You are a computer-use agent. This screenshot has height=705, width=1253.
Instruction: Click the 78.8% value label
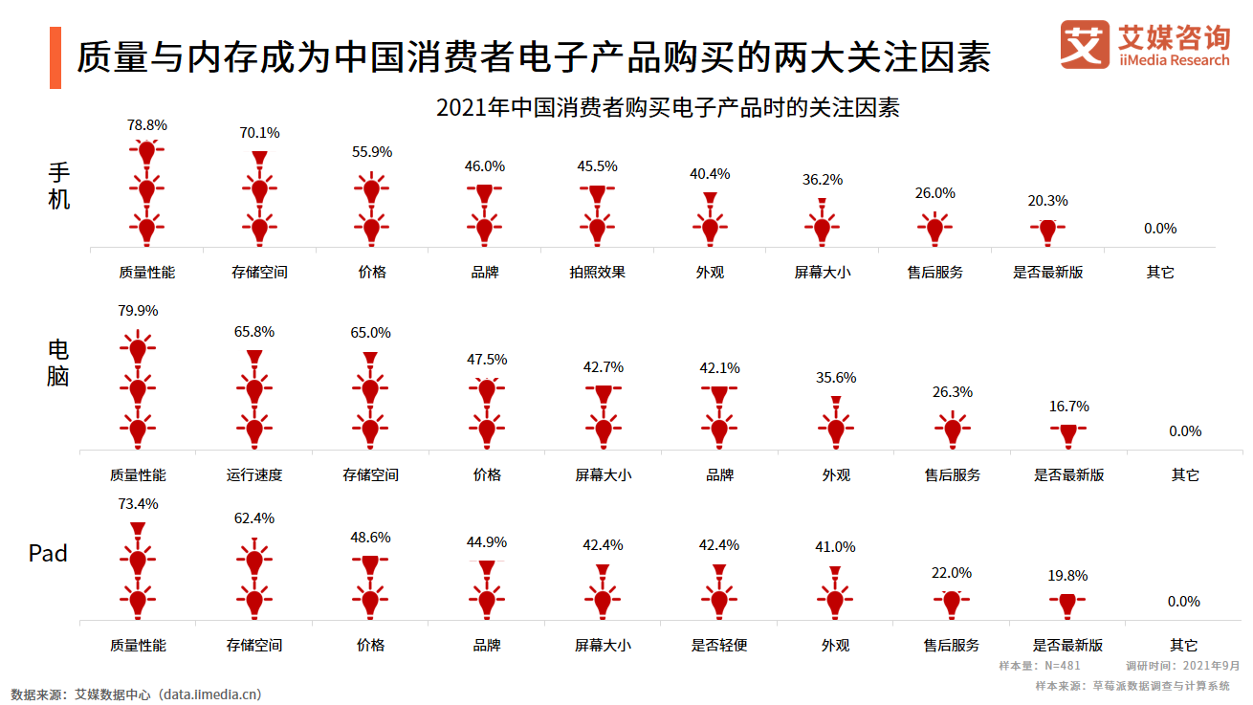[x=147, y=124]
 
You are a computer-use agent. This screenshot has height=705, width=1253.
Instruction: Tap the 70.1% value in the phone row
[x=259, y=133]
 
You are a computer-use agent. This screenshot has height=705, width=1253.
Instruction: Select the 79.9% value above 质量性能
[x=138, y=311]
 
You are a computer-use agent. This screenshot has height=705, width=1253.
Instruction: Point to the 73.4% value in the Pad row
[x=138, y=504]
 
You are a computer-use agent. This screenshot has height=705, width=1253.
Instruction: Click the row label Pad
[x=48, y=553]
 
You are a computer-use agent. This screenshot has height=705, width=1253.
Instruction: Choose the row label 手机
[x=59, y=187]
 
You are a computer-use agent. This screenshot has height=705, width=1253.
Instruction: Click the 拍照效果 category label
[x=597, y=272]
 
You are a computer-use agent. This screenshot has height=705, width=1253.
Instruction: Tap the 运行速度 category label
[x=254, y=474]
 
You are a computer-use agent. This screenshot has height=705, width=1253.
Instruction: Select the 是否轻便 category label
[x=719, y=645]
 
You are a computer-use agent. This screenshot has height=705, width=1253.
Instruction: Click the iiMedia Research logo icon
[x=1086, y=45]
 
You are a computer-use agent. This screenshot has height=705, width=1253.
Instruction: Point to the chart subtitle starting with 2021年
[x=668, y=107]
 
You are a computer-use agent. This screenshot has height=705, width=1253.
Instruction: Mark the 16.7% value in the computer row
[x=1068, y=407]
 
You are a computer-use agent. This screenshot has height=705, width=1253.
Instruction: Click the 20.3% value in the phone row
[x=1047, y=201]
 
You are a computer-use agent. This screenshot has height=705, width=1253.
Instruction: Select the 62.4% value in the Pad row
[x=254, y=518]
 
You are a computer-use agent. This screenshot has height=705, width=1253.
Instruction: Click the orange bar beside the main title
[x=55, y=58]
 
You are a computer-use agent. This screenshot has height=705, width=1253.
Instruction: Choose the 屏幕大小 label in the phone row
[x=822, y=272]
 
